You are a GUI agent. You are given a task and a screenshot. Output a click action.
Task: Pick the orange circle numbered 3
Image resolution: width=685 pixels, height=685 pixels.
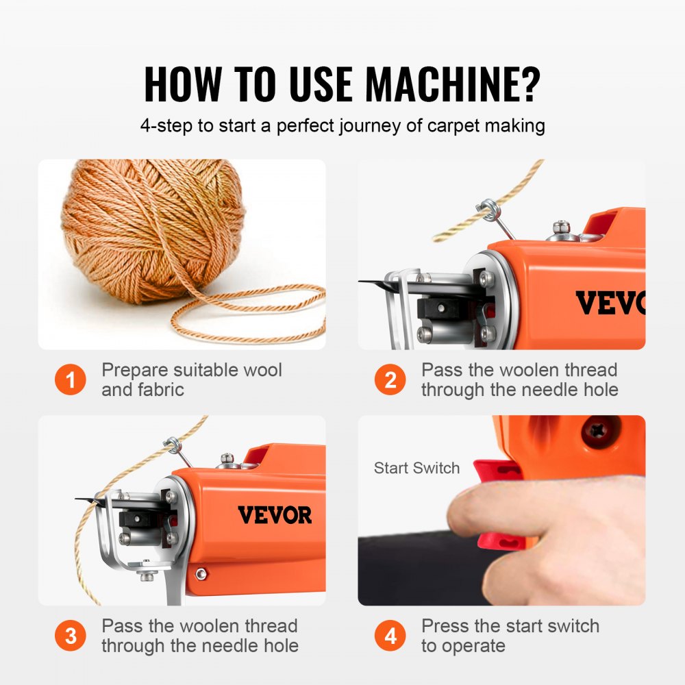pyautogui.click(x=70, y=636)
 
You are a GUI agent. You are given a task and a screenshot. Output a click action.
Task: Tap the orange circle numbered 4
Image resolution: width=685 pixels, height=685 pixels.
pyautogui.click(x=390, y=636)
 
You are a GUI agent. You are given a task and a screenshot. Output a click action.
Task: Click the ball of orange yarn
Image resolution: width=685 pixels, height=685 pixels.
pyautogui.click(x=154, y=229)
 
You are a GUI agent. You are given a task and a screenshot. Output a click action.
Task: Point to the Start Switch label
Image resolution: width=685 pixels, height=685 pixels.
pyautogui.click(x=416, y=469)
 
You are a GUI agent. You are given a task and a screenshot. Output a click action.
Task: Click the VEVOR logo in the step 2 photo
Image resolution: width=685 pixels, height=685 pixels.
pyautogui.click(x=610, y=303)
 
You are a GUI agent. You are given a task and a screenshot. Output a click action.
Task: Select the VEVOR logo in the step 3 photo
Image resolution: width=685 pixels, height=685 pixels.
pyautogui.click(x=275, y=514)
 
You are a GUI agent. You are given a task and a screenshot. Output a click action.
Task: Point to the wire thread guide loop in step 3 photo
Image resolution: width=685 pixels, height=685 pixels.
pyautogui.click(x=173, y=446)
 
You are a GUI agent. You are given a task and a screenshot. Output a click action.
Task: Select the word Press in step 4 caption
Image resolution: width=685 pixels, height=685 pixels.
pyautogui.click(x=445, y=625)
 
